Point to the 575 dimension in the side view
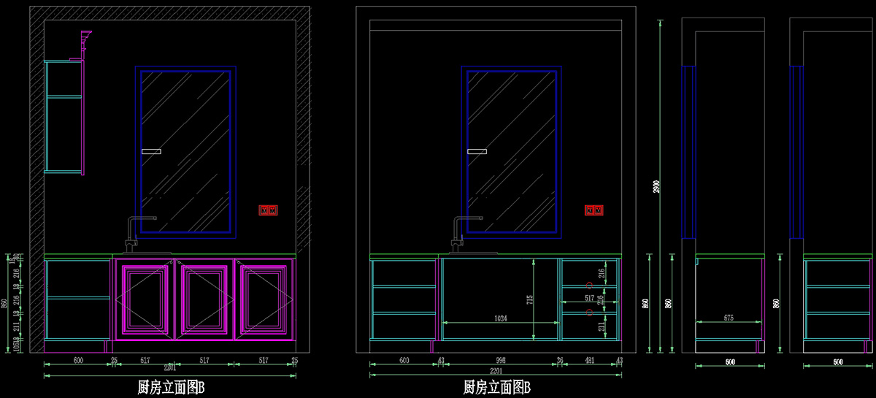coord(728,318)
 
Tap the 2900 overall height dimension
coord(654,186)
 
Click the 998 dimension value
coord(501,360)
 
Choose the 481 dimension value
coord(589,360)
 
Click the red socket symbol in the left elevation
coord(269,210)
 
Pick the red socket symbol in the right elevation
coord(594,210)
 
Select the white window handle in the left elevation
coord(150,151)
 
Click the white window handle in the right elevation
coord(476,151)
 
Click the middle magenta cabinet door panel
coord(207,299)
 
